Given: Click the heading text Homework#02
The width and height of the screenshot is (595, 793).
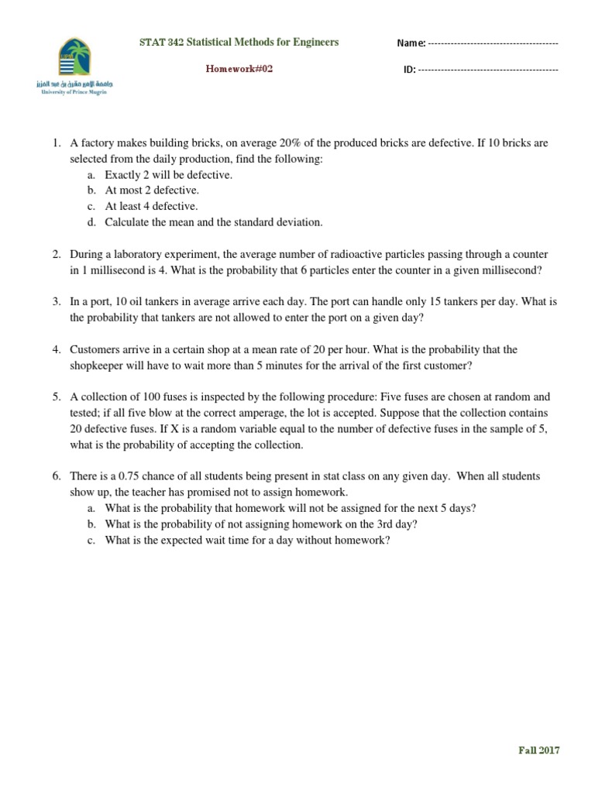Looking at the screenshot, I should point(239,69).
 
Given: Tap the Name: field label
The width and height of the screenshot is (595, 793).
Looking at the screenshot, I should point(411,43).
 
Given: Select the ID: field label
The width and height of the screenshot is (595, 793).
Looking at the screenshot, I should point(409,70).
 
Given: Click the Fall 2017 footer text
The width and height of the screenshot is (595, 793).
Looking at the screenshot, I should point(538,750).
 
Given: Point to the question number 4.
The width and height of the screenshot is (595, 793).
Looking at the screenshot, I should point(57,350).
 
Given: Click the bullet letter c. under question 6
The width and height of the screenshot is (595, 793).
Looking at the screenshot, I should point(91,540).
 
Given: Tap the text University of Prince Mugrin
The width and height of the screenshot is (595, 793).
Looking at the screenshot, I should point(74,91).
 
